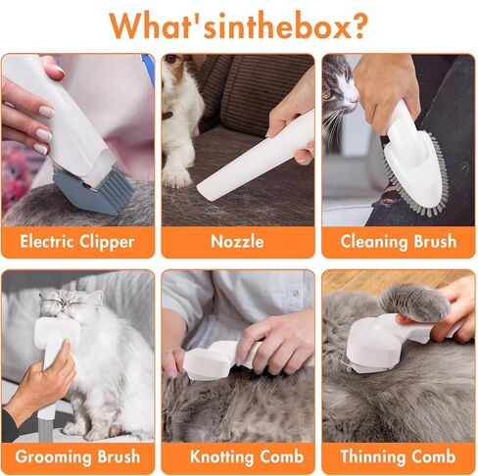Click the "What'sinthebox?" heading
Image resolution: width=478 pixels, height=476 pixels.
(238, 24)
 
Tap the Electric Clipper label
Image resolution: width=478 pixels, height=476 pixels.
(78, 242)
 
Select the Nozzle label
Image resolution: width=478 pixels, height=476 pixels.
(237, 242)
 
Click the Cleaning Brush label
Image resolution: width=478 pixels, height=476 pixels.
(399, 242)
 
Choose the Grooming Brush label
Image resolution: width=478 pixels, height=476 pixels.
(78, 457)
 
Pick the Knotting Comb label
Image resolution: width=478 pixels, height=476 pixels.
(237, 457)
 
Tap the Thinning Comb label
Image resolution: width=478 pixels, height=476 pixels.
(399, 457)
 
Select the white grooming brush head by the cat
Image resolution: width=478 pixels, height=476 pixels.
(59, 333)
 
